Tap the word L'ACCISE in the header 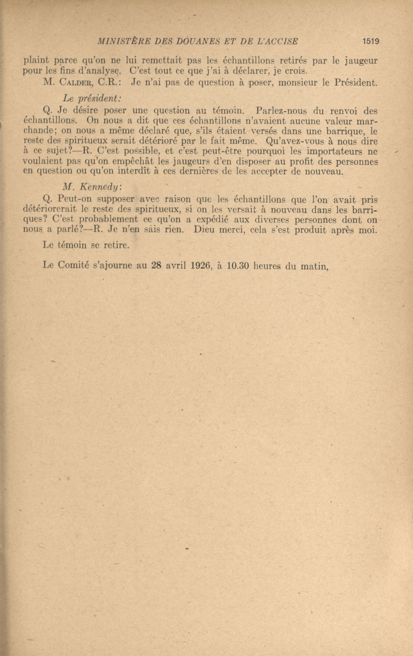tap(278, 41)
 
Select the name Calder tap(77, 83)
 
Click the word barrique tap(345, 132)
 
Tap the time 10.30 tap(237, 265)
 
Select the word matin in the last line tap(313, 266)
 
